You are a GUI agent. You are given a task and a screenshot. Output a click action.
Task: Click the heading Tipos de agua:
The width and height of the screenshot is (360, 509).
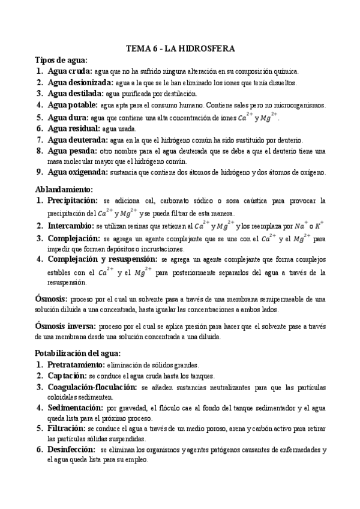point(62,60)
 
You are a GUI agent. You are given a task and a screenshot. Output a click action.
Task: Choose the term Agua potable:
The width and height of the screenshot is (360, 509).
point(74,105)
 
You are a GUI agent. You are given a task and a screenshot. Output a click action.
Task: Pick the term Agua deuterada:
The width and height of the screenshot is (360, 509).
point(78,139)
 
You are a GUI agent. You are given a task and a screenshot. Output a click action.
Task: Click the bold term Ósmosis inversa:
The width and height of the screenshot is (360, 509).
point(67,326)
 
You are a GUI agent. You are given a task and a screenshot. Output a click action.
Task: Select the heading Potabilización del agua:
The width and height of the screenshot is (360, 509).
point(78,353)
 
